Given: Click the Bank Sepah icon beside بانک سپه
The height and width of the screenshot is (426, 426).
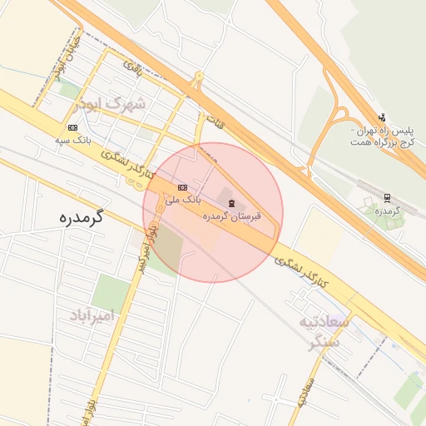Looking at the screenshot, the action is pyautogui.click(x=73, y=127).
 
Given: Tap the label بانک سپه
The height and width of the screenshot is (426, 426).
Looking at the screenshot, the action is pyautogui.click(x=72, y=139).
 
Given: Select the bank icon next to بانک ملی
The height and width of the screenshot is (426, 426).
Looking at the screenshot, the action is pyautogui.click(x=182, y=188).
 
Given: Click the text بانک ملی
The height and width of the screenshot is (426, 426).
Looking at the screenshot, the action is pyautogui.click(x=183, y=200).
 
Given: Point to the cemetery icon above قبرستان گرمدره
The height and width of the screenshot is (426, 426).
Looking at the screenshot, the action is pyautogui.click(x=231, y=203).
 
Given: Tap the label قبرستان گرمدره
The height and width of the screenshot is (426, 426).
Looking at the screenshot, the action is pyautogui.click(x=232, y=215).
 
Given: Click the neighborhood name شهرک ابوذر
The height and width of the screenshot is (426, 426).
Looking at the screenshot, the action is pyautogui.click(x=109, y=104).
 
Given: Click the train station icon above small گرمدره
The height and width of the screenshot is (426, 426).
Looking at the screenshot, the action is pyautogui.click(x=387, y=197).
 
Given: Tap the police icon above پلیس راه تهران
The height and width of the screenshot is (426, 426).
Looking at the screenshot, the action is pyautogui.click(x=382, y=117).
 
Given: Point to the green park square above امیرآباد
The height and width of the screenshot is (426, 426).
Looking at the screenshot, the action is pyautogui.click(x=111, y=291).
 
